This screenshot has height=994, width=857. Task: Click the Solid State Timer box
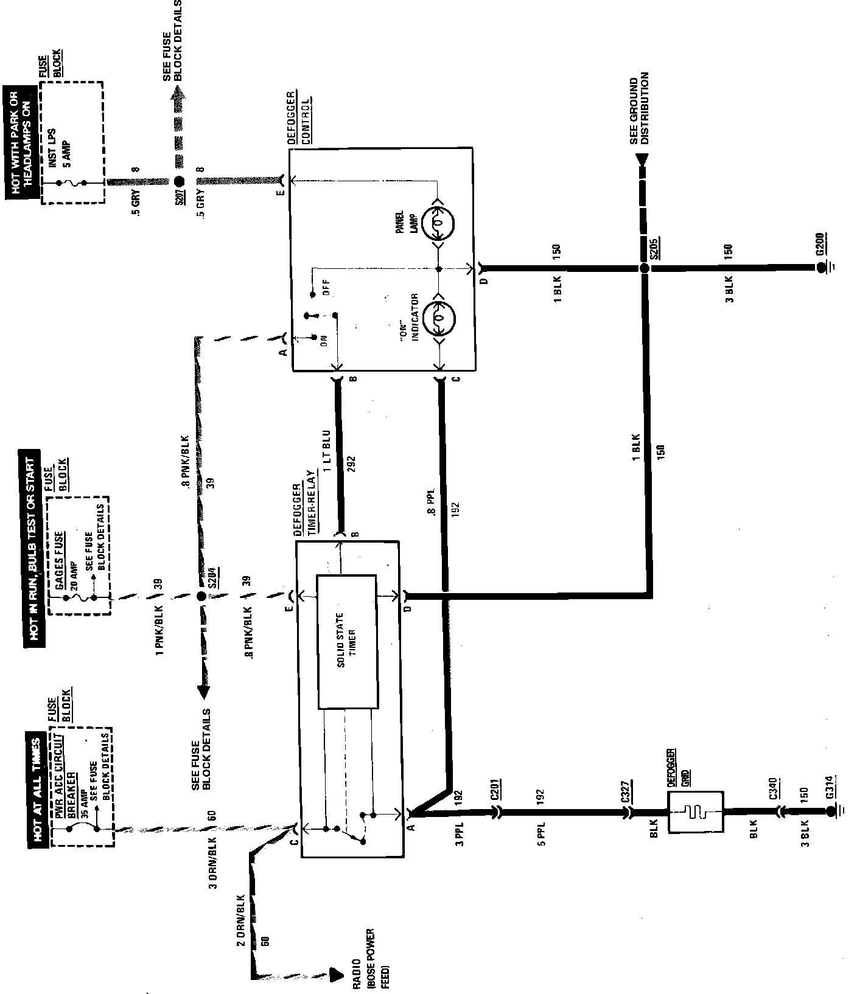346,642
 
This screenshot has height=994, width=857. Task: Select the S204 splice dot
201,597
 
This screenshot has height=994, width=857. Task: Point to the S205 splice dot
644,268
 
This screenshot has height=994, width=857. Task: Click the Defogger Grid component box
696,812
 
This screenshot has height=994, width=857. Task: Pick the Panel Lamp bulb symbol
438,224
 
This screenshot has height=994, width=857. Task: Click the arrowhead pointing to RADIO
334,975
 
